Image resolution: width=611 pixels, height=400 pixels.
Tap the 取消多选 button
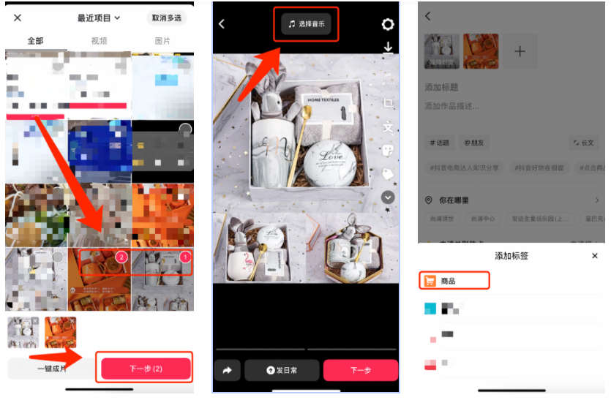[168, 18]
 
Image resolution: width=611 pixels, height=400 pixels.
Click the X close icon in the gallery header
[18, 18]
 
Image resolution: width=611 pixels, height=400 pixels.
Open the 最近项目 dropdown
[99, 18]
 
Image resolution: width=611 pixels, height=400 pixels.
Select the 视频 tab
[99, 41]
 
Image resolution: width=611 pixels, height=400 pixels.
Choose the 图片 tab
[162, 41]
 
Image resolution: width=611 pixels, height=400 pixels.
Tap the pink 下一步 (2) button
[146, 369]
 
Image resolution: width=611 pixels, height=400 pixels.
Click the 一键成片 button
[51, 369]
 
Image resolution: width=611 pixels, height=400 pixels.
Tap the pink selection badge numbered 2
[122, 257]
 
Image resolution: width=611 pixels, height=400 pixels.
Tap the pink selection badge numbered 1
[185, 257]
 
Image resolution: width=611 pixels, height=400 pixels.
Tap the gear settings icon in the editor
[388, 24]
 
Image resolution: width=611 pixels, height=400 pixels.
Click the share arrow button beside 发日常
[227, 371]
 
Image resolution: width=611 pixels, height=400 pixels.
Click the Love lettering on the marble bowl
[322, 156]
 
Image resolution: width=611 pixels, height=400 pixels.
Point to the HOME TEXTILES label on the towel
[323, 99]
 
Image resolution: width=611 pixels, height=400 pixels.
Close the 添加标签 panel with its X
[595, 256]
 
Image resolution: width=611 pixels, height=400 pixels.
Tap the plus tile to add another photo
[520, 51]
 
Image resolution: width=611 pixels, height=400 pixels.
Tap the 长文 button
[583, 143]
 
